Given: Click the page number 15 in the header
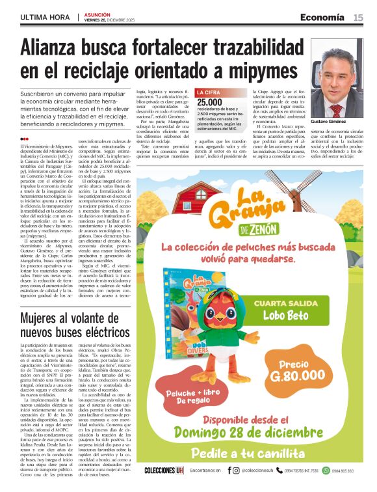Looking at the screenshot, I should (x=358, y=18).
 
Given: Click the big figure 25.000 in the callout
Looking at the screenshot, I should (x=210, y=102).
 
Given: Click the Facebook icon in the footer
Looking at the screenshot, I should (x=229, y=470).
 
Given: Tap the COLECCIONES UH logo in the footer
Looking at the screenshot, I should (x=164, y=470).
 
